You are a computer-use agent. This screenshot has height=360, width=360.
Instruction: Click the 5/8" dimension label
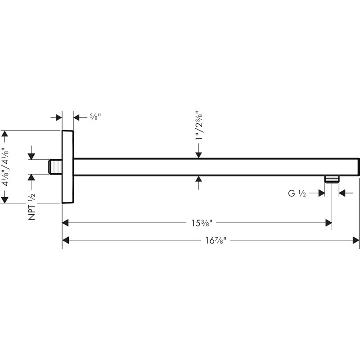click(95, 117)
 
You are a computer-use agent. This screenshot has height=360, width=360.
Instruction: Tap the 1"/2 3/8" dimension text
click(199, 126)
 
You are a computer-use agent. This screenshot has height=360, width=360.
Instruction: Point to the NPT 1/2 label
click(31, 207)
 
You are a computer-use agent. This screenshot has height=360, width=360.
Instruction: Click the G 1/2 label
click(297, 193)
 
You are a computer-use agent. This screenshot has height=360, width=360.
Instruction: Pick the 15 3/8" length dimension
click(202, 223)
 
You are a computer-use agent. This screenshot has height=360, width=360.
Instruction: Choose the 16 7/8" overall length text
click(216, 241)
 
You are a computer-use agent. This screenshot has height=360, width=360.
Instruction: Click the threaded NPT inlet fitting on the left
click(55, 167)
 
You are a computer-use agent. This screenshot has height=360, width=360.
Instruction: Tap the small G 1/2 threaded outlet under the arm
click(332, 179)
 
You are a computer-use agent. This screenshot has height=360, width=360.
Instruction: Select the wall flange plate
click(68, 167)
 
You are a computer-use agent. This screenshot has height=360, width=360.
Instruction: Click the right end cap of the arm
click(359, 167)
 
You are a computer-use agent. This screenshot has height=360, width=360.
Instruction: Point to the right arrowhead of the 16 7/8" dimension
click(356, 240)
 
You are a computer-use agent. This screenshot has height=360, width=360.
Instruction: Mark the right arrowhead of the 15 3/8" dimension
click(328, 223)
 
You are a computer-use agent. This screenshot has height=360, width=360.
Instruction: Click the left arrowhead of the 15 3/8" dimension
click(66, 223)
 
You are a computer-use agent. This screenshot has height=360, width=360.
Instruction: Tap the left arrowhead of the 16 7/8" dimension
click(66, 240)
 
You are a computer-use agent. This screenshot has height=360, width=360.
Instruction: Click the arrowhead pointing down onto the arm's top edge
click(198, 155)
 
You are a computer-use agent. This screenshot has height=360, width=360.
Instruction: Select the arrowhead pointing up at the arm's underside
click(198, 179)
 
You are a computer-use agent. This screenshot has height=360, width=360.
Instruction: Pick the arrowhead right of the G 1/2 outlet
click(342, 193)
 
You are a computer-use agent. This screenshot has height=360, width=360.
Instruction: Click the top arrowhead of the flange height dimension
click(4, 134)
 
